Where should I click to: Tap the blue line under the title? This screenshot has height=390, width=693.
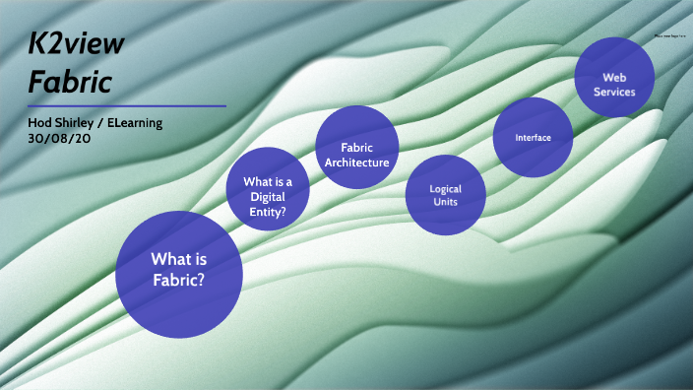click(127, 105)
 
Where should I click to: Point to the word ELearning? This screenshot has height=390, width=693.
click(134, 122)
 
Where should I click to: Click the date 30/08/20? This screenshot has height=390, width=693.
click(61, 138)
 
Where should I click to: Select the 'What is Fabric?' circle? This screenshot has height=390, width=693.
click(178, 269)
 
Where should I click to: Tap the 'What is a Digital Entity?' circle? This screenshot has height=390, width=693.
click(268, 188)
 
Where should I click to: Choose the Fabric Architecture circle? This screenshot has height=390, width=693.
click(356, 148)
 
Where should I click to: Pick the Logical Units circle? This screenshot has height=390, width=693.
click(445, 195)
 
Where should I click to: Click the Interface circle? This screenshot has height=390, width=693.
click(533, 137)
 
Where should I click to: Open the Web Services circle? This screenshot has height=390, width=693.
click(615, 77)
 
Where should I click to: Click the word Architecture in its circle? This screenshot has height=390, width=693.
click(358, 162)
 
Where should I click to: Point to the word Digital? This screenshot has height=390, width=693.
click(267, 195)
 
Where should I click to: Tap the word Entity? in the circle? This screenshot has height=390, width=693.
click(268, 209)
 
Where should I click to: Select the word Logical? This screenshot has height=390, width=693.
click(445, 188)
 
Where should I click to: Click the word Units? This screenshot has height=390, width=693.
click(445, 202)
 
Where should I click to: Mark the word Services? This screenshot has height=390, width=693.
click(615, 92)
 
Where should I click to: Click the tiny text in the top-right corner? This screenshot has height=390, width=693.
click(669, 35)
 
